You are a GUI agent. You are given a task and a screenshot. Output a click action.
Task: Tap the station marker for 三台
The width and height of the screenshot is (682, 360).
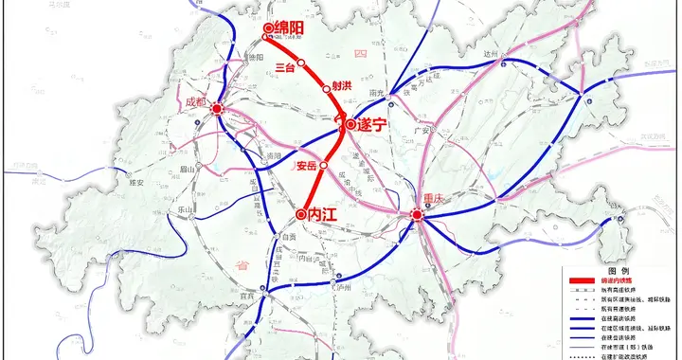(301, 63)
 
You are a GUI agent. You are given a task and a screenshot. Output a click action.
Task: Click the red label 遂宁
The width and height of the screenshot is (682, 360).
(368, 124)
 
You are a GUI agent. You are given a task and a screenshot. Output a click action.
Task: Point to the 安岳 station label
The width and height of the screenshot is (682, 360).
(306, 166)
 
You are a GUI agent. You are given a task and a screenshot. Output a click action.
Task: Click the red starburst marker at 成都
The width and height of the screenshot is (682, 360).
(217, 109)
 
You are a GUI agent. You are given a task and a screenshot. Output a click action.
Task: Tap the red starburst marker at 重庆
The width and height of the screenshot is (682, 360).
(417, 217)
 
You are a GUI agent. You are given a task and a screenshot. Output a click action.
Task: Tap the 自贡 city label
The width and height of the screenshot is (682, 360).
(290, 237)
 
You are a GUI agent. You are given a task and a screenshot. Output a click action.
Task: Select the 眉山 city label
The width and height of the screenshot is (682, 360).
(190, 168)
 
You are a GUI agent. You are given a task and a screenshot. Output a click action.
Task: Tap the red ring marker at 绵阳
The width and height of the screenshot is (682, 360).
(268, 28)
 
